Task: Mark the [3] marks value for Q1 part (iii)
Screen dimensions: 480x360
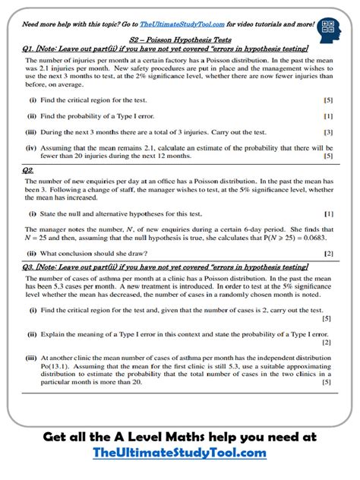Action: point(327,131)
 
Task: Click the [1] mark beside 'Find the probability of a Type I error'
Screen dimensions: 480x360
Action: point(327,115)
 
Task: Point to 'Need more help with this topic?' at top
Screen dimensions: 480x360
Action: point(65,24)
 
